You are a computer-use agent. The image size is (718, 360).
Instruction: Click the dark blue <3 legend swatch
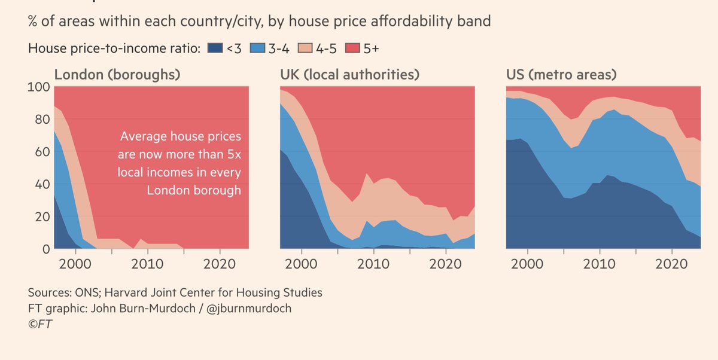[214, 48]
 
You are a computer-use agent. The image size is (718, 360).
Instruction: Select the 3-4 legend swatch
[256, 48]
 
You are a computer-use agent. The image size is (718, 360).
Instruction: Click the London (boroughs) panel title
[117, 75]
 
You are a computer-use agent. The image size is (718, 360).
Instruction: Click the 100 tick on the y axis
[38, 87]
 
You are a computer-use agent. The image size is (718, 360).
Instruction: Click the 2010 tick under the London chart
[147, 264]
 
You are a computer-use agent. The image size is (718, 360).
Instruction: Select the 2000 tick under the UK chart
[302, 264]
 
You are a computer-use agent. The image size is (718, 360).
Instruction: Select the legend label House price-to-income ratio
[114, 48]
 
